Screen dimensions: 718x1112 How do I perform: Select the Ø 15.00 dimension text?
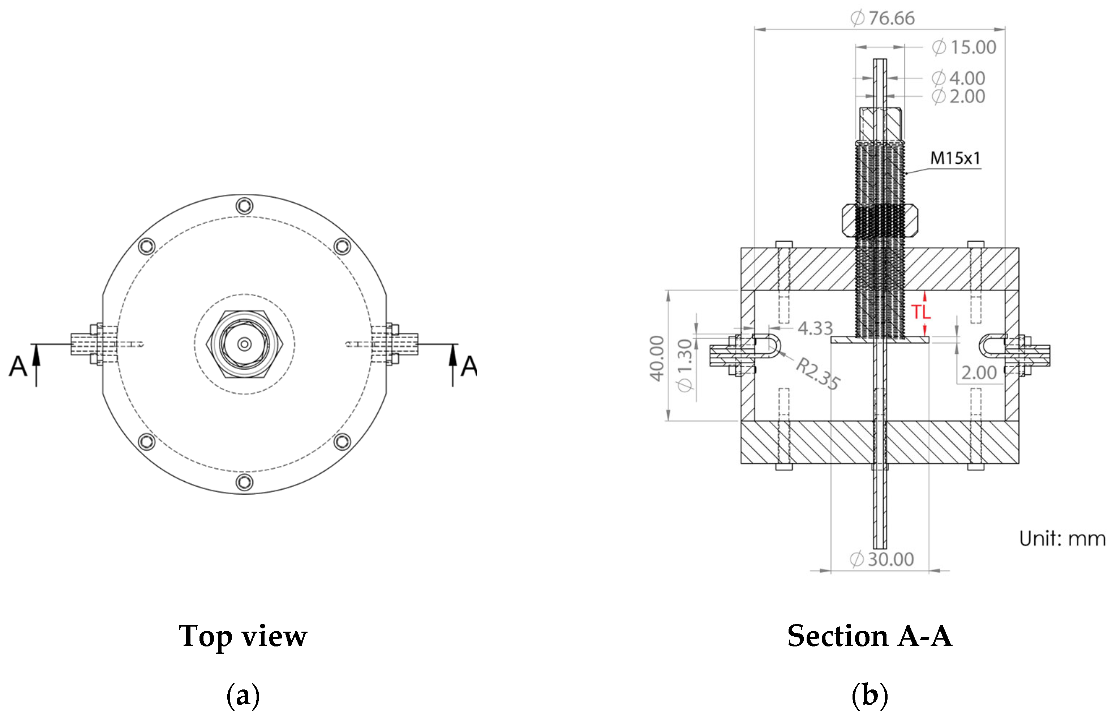[964, 47]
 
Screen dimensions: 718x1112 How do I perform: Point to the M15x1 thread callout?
[955, 158]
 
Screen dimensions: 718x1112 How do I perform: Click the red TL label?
[920, 312]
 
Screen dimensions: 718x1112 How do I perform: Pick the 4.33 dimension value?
[815, 328]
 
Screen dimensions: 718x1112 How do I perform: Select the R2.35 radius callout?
[818, 373]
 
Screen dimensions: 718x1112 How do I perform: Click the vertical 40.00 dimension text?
[657, 358]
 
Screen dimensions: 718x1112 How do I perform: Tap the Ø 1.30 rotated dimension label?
[684, 366]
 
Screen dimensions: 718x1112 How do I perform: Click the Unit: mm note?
[1062, 538]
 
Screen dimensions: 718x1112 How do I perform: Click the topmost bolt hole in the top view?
[244, 206]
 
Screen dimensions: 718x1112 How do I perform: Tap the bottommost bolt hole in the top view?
[244, 482]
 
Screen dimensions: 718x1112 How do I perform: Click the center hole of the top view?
[244, 344]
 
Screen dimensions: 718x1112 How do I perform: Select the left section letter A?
[18, 366]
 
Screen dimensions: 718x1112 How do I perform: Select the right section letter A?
[469, 366]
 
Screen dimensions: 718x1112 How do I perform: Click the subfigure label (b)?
[869, 695]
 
